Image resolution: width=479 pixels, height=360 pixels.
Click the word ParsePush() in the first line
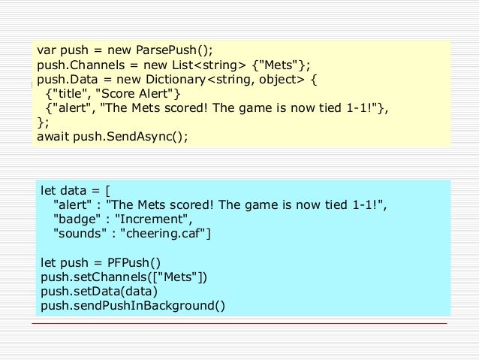pyautogui.click(x=174, y=50)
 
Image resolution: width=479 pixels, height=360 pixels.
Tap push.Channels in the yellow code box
pyautogui.click(x=81, y=65)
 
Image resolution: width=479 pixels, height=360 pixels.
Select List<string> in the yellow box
pyautogui.click(x=209, y=65)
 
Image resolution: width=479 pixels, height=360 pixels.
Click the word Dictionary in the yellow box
pyautogui.click(x=176, y=80)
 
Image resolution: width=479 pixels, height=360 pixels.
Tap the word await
pyautogui.click(x=53, y=137)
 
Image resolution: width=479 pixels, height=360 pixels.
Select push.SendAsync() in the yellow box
pyautogui.click(x=131, y=137)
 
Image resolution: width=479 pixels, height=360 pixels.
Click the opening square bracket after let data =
pyautogui.click(x=107, y=191)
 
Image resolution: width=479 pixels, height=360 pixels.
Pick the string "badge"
pyautogui.click(x=77, y=219)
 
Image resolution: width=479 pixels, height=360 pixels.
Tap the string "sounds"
pyautogui.click(x=80, y=234)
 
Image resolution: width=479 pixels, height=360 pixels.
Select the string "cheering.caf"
pyautogui.click(x=163, y=234)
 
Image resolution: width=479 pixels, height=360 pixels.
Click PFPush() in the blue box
pyautogui.click(x=134, y=263)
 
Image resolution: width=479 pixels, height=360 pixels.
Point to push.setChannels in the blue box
pyautogui.click(x=94, y=277)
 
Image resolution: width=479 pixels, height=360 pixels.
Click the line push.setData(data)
pyautogui.click(x=99, y=292)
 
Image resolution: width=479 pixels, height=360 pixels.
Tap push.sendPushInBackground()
pyautogui.click(x=133, y=306)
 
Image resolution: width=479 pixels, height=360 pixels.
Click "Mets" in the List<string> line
pyautogui.click(x=279, y=65)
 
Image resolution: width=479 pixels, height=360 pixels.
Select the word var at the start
pyautogui.click(x=47, y=50)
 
